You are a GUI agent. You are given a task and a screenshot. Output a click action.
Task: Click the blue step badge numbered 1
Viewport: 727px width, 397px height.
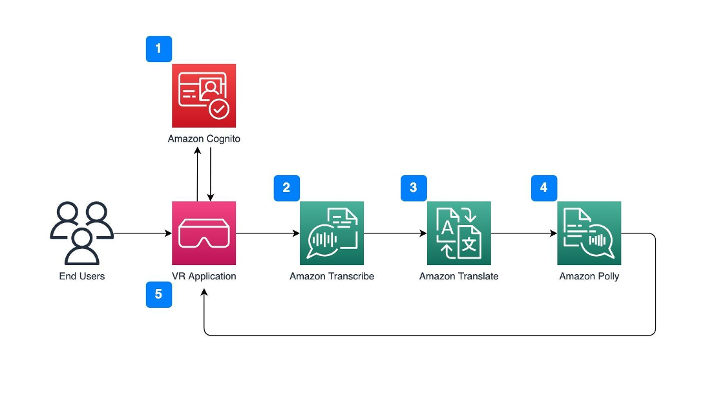[x=159, y=49]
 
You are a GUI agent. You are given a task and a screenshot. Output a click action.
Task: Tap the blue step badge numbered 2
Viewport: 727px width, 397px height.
[x=287, y=188]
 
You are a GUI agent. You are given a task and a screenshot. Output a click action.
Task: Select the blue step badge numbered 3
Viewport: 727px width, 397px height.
[x=414, y=188]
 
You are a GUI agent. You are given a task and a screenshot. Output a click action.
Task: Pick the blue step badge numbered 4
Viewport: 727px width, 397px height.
[x=543, y=188]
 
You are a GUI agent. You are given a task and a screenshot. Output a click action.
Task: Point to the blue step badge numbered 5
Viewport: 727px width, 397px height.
[x=159, y=294]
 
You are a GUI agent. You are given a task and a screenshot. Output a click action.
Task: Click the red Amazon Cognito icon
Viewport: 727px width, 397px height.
[x=204, y=96]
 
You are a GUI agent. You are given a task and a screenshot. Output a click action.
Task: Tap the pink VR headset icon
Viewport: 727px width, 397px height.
[x=204, y=233]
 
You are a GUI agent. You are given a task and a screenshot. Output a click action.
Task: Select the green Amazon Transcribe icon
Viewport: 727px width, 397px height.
[x=332, y=233]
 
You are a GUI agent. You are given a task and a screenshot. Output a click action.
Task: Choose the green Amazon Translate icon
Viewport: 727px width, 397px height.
[x=459, y=233]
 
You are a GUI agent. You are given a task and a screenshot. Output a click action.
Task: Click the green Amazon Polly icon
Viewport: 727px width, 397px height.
[x=589, y=233]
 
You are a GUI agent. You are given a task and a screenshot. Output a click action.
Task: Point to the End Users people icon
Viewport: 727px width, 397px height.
[x=81, y=233]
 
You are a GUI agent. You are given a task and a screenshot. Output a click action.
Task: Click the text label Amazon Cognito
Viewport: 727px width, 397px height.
[x=204, y=139]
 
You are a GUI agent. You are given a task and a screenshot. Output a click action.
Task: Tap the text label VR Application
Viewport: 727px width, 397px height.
[x=204, y=276]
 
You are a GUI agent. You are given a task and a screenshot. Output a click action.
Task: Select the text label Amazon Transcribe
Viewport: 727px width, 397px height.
[x=332, y=276]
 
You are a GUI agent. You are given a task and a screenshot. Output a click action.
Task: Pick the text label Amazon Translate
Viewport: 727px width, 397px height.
[x=459, y=276]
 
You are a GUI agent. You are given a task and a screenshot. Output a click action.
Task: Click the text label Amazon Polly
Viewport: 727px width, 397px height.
[x=589, y=276]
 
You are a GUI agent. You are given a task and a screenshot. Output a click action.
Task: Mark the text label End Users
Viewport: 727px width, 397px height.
[x=81, y=276]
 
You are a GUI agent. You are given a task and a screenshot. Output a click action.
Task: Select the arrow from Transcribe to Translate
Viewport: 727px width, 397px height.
[x=395, y=233]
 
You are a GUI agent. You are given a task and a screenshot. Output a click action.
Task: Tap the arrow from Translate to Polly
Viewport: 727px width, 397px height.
[x=523, y=233]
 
